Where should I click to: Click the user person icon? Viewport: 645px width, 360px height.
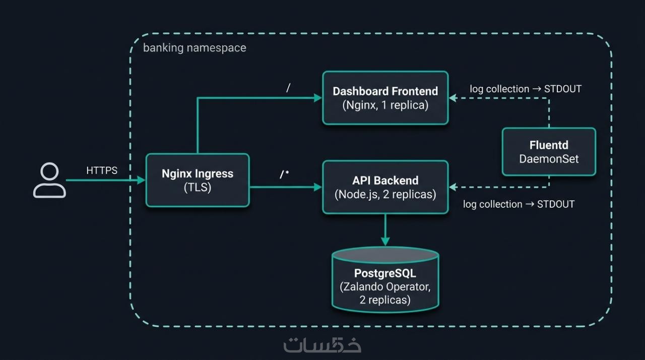coord(49,180)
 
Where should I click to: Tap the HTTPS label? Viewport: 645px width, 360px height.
coord(102,170)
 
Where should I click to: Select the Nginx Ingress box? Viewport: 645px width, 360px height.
coord(198,180)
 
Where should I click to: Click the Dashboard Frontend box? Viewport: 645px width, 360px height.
coord(385,98)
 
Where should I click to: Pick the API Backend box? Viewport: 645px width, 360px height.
coord(385,187)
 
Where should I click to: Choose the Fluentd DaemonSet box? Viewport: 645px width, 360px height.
coord(549,151)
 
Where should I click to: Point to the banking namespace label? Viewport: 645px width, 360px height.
coord(195,48)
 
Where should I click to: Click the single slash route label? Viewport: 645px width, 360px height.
coord(288,88)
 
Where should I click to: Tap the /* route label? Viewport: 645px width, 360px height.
coord(285,175)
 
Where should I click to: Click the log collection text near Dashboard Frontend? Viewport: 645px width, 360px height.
coord(526,89)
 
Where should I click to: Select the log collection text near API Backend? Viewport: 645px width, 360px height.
coord(519,204)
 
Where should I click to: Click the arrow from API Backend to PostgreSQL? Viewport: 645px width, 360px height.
coord(385,229)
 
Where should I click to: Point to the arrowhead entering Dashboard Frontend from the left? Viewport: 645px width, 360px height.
coord(317,98)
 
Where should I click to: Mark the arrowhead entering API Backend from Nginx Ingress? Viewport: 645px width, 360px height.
coord(317,187)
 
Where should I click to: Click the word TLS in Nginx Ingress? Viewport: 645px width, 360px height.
coord(198,188)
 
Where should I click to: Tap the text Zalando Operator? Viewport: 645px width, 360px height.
coord(385,286)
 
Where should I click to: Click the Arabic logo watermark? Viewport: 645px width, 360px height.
coord(322,345)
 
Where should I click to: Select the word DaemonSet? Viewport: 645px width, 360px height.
coord(549,159)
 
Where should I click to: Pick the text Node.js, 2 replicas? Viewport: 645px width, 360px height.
coord(385,194)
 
